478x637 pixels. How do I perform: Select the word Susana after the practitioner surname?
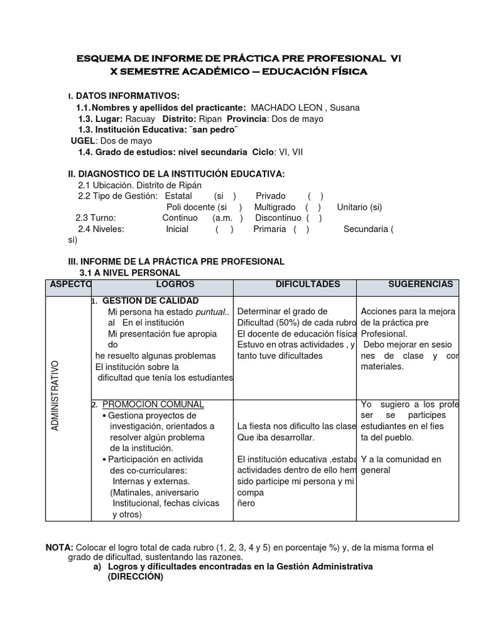345,108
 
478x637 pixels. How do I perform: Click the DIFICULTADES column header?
307,284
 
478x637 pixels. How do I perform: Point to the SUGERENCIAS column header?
421,284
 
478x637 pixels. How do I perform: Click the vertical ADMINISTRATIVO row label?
55,396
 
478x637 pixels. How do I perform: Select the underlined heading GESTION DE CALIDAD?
141,300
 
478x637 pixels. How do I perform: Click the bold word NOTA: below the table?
60,547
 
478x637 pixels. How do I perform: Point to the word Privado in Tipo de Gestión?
271,196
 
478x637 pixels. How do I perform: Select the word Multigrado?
274,207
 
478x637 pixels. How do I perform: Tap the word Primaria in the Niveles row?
269,229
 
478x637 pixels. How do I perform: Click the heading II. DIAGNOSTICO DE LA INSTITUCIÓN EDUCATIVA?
176,174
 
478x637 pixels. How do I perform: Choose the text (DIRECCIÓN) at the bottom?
135,577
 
